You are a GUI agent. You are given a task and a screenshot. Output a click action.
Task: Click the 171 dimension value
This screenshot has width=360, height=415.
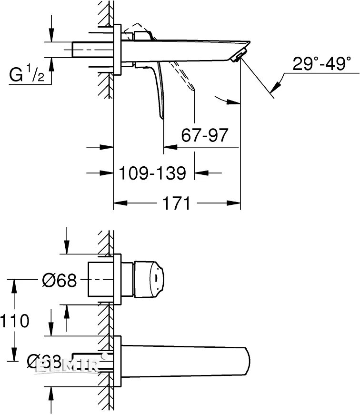click(177, 203)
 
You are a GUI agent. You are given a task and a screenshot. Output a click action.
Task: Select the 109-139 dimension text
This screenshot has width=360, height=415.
click(152, 172)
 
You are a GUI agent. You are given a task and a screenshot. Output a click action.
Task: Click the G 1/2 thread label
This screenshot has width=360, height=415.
click(27, 74)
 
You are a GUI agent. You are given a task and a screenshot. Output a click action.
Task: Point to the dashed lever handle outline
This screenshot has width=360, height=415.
click(183, 77)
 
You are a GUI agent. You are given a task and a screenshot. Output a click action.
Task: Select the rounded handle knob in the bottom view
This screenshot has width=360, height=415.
click(150, 278)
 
